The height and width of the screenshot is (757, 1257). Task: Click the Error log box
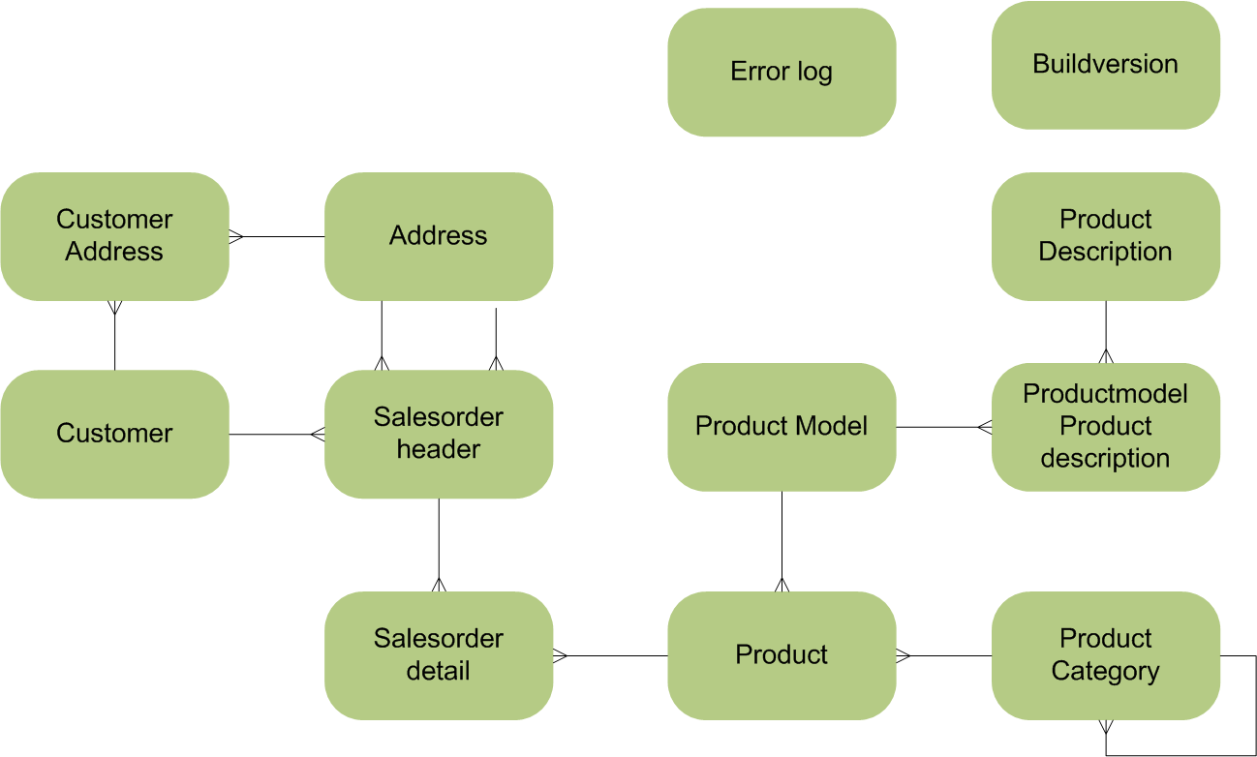pyautogui.click(x=782, y=73)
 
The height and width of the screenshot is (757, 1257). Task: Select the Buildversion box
pyautogui.click(x=1105, y=65)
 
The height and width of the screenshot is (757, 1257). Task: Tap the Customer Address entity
pyautogui.click(x=114, y=236)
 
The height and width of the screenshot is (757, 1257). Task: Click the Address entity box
pyautogui.click(x=438, y=236)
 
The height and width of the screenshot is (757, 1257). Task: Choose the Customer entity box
pyautogui.click(x=114, y=434)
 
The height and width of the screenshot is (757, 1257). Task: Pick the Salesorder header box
pyautogui.click(x=438, y=434)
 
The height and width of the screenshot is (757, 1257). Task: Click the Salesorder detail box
pyautogui.click(x=438, y=655)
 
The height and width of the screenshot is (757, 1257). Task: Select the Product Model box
pyautogui.click(x=782, y=427)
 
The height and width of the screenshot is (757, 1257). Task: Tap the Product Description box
pyautogui.click(x=1105, y=236)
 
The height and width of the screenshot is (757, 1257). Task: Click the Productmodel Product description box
pyautogui.click(x=1105, y=427)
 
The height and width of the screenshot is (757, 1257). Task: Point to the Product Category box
pyautogui.click(x=1105, y=655)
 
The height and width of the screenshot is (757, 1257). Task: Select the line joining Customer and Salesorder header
pyautogui.click(x=276, y=435)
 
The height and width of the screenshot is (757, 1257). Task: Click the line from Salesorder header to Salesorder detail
pyautogui.click(x=439, y=542)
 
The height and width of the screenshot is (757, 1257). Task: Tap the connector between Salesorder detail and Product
pyautogui.click(x=610, y=655)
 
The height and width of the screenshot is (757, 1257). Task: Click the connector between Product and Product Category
pyautogui.click(x=944, y=655)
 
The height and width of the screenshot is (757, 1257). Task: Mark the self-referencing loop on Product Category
pyautogui.click(x=1255, y=707)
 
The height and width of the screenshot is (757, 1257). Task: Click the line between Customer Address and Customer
pyautogui.click(x=115, y=339)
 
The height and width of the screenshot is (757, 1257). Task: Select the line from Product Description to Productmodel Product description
pyautogui.click(x=1106, y=329)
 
